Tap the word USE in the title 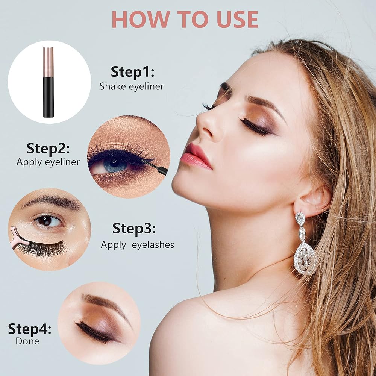tap(237, 20)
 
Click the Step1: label tap(132, 72)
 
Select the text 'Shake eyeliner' tap(132, 86)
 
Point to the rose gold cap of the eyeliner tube tap(48, 62)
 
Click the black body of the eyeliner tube tap(49, 97)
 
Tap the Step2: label tap(48, 149)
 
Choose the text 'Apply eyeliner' tap(48, 162)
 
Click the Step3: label tap(134, 229)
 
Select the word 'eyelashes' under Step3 tap(153, 245)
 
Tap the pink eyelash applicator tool tap(19, 239)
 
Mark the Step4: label tap(29, 329)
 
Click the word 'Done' tap(27, 341)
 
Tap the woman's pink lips tap(195, 156)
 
